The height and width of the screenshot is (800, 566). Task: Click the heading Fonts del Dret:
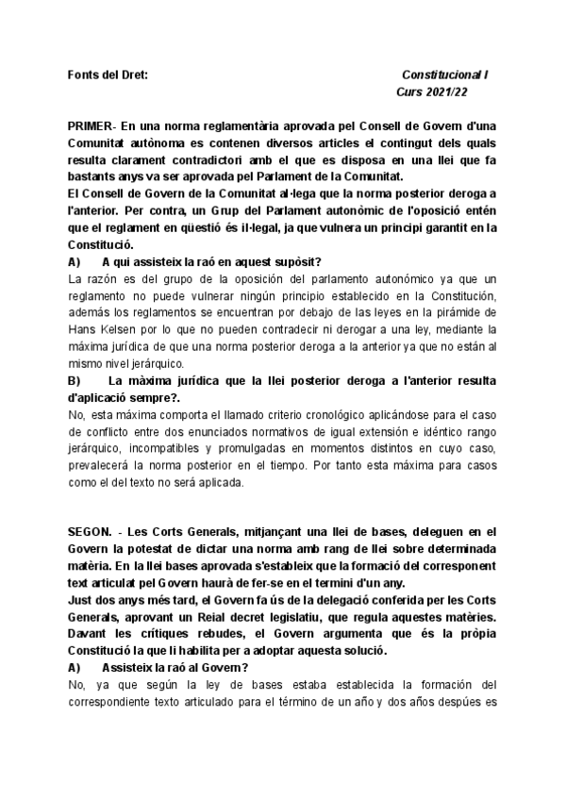pyautogui.click(x=108, y=75)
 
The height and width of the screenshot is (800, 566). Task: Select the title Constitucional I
pyautogui.click(x=445, y=75)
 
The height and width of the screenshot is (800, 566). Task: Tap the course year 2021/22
pyautogui.click(x=446, y=92)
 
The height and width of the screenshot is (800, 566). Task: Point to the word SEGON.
pyautogui.click(x=92, y=533)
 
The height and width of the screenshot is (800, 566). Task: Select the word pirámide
pyautogui.click(x=459, y=313)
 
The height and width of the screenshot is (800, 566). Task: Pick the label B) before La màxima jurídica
pyautogui.click(x=75, y=381)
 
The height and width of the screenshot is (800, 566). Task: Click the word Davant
pyautogui.click(x=89, y=635)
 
